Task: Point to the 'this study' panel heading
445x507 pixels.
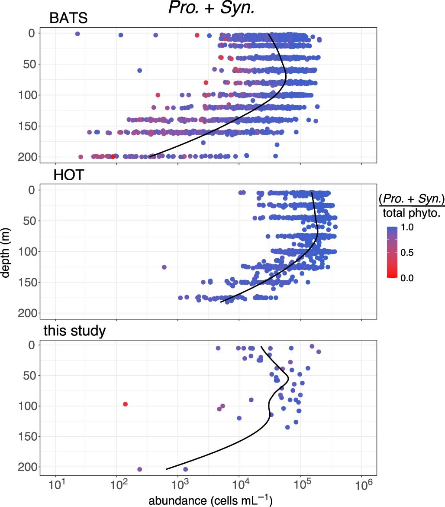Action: pyautogui.click(x=74, y=331)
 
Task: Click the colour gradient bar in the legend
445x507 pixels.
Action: pyautogui.click(x=393, y=252)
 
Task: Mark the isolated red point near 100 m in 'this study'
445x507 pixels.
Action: pyautogui.click(x=125, y=404)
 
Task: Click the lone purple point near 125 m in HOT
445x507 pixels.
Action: pyautogui.click(x=164, y=267)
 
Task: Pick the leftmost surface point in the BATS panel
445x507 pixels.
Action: pyautogui.click(x=77, y=33)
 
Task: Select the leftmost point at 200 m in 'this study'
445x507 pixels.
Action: pyautogui.click(x=140, y=469)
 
